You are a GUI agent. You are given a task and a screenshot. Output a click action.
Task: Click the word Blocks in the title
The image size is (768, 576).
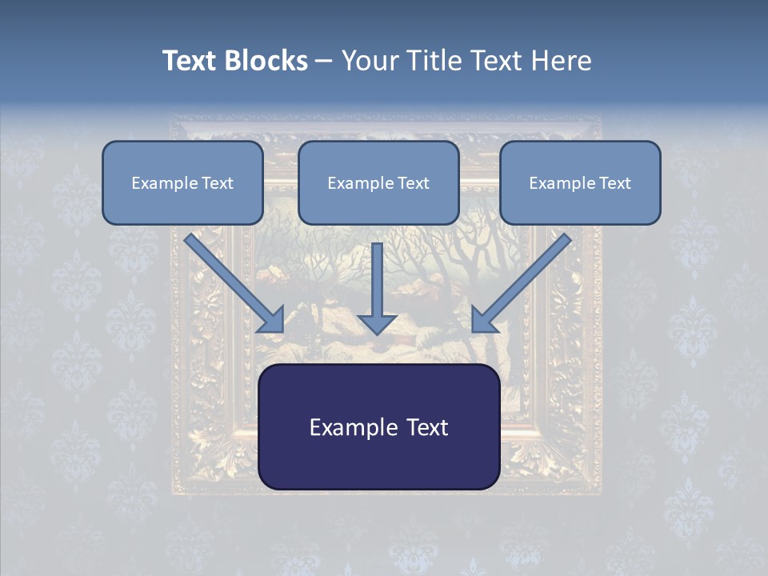pyautogui.click(x=267, y=61)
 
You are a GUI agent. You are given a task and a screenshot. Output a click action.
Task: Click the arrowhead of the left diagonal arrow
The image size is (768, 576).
pyautogui.click(x=272, y=320)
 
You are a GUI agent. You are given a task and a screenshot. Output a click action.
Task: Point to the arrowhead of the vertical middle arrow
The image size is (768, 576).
pyautogui.click(x=378, y=324)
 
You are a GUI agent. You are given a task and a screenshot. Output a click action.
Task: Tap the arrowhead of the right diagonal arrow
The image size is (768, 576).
pyautogui.click(x=484, y=320)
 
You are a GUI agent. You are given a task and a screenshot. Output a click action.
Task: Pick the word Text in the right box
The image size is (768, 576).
pyautogui.click(x=615, y=183)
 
